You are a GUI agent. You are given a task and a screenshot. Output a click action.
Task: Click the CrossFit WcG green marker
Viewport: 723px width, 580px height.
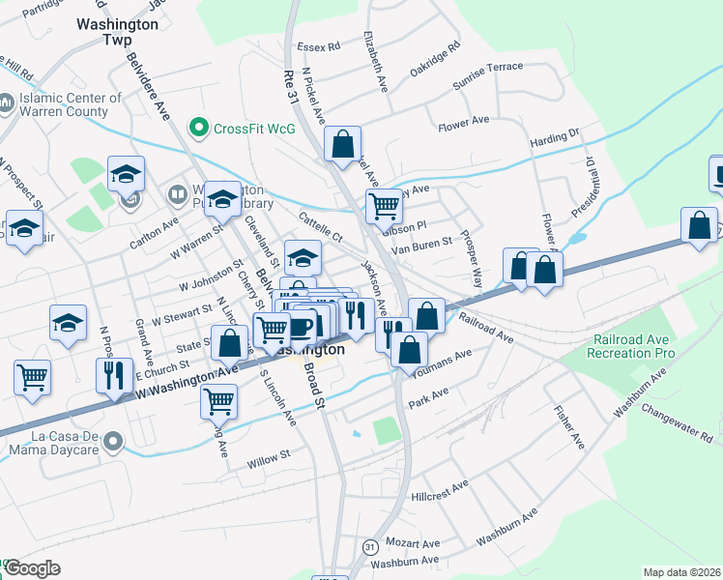(x=200, y=127)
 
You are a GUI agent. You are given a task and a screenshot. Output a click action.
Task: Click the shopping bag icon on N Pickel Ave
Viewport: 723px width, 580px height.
(x=342, y=145)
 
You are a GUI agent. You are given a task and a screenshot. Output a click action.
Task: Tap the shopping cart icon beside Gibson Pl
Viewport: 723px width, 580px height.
(x=384, y=205)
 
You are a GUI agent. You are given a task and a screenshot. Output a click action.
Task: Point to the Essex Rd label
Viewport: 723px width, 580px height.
(x=319, y=45)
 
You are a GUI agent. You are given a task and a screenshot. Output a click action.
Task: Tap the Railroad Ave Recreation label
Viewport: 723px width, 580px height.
(x=632, y=348)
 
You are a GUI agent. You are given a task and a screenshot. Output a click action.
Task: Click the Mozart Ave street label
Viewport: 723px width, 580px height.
(x=412, y=543)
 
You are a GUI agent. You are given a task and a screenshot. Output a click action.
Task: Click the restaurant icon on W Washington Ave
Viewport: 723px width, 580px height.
(x=115, y=375)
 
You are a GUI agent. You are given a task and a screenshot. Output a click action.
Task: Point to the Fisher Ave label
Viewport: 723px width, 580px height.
(x=569, y=427)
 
